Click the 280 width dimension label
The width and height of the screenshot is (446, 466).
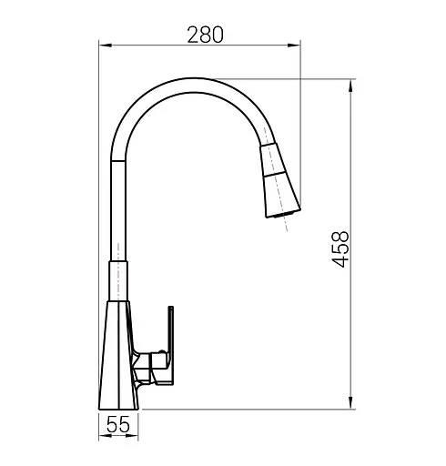coord(205,35)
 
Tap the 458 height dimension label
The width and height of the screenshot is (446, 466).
coord(340,249)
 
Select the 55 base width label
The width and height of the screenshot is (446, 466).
coord(118,424)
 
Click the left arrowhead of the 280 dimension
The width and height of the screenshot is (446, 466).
coord(106,46)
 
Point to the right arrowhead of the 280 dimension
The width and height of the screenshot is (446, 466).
coord(294,46)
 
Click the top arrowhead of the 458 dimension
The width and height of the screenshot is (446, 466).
coord(350,86)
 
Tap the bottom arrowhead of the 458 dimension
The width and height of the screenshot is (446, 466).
coord(350,402)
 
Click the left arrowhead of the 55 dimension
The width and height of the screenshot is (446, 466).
coord(105,436)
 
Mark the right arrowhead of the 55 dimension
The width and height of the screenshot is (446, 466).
coord(132,436)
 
